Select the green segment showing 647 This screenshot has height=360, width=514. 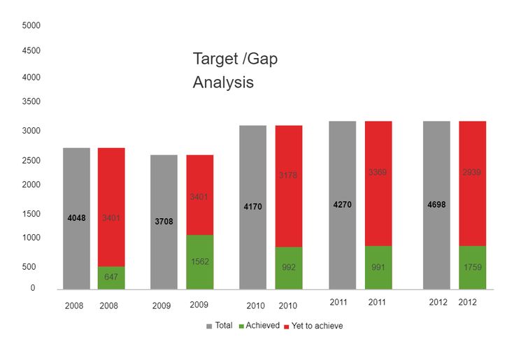pyautogui.click(x=111, y=278)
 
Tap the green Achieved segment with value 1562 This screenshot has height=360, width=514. pyautogui.click(x=199, y=261)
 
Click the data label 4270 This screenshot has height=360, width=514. pyautogui.click(x=342, y=205)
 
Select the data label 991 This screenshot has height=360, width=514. pyautogui.click(x=378, y=267)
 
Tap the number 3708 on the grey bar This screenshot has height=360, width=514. pyautogui.click(x=164, y=222)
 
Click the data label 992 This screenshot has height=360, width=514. pyautogui.click(x=288, y=267)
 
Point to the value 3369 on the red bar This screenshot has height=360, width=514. pyautogui.click(x=378, y=172)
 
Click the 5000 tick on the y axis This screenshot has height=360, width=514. pyautogui.click(x=32, y=25)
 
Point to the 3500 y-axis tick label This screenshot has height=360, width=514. pyautogui.click(x=32, y=102)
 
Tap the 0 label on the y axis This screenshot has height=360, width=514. pyautogui.click(x=32, y=288)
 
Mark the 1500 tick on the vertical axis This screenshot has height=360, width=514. pyautogui.click(x=32, y=214)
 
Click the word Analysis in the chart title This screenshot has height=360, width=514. pyautogui.click(x=223, y=82)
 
